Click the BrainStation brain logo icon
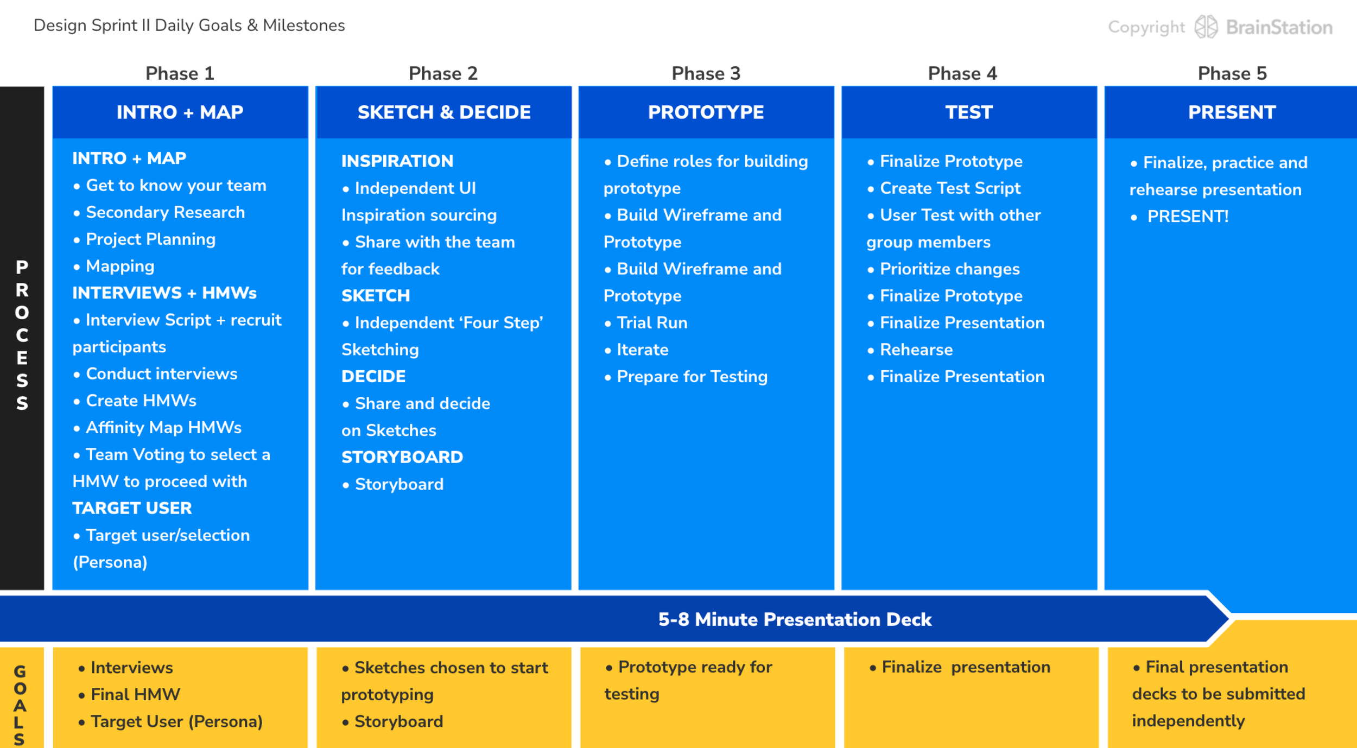1206,27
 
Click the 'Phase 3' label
706,73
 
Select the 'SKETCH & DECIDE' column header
443,112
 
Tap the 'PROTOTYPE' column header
706,112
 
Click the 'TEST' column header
969,112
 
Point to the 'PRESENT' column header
1232,112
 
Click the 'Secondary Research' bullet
165,212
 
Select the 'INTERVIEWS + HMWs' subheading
164,293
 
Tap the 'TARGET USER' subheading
132,508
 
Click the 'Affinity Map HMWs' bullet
163,428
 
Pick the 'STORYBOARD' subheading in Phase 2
402,457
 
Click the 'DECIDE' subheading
373,376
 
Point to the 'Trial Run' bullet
652,323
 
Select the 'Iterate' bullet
642,350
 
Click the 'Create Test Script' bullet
950,188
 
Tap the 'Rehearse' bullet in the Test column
916,350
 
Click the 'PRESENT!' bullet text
1188,217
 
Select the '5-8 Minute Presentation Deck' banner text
795,619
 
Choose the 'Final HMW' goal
135,694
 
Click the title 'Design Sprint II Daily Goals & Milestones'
189,26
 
